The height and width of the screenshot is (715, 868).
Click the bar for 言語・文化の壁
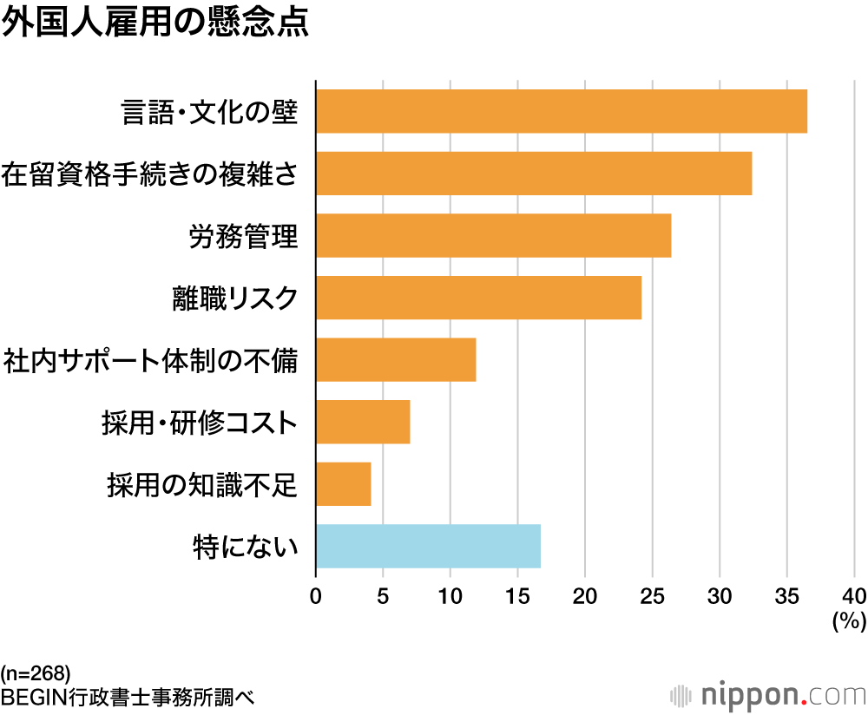tap(562, 111)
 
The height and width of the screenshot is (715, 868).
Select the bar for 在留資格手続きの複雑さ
tap(534, 174)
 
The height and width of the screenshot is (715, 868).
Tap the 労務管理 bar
tap(493, 236)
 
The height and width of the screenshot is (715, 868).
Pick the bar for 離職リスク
tap(478, 298)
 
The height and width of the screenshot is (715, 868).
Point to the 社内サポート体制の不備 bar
tap(396, 360)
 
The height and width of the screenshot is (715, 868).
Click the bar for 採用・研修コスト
tap(363, 423)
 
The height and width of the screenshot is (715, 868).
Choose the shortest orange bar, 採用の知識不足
tap(343, 484)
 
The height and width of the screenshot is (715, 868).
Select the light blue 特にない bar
tap(428, 547)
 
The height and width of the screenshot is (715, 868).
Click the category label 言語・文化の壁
tap(210, 112)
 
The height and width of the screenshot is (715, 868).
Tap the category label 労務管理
tap(243, 236)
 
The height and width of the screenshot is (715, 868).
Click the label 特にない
tap(245, 547)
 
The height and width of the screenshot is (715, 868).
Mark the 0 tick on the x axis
tap(316, 596)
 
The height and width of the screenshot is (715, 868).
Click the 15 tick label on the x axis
tap(517, 596)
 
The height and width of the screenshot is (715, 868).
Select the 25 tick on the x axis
tap(653, 596)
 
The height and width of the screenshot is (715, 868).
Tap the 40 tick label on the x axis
tap(853, 596)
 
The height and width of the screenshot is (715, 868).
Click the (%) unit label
tap(849, 621)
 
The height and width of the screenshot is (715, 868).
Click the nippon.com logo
tap(769, 695)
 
